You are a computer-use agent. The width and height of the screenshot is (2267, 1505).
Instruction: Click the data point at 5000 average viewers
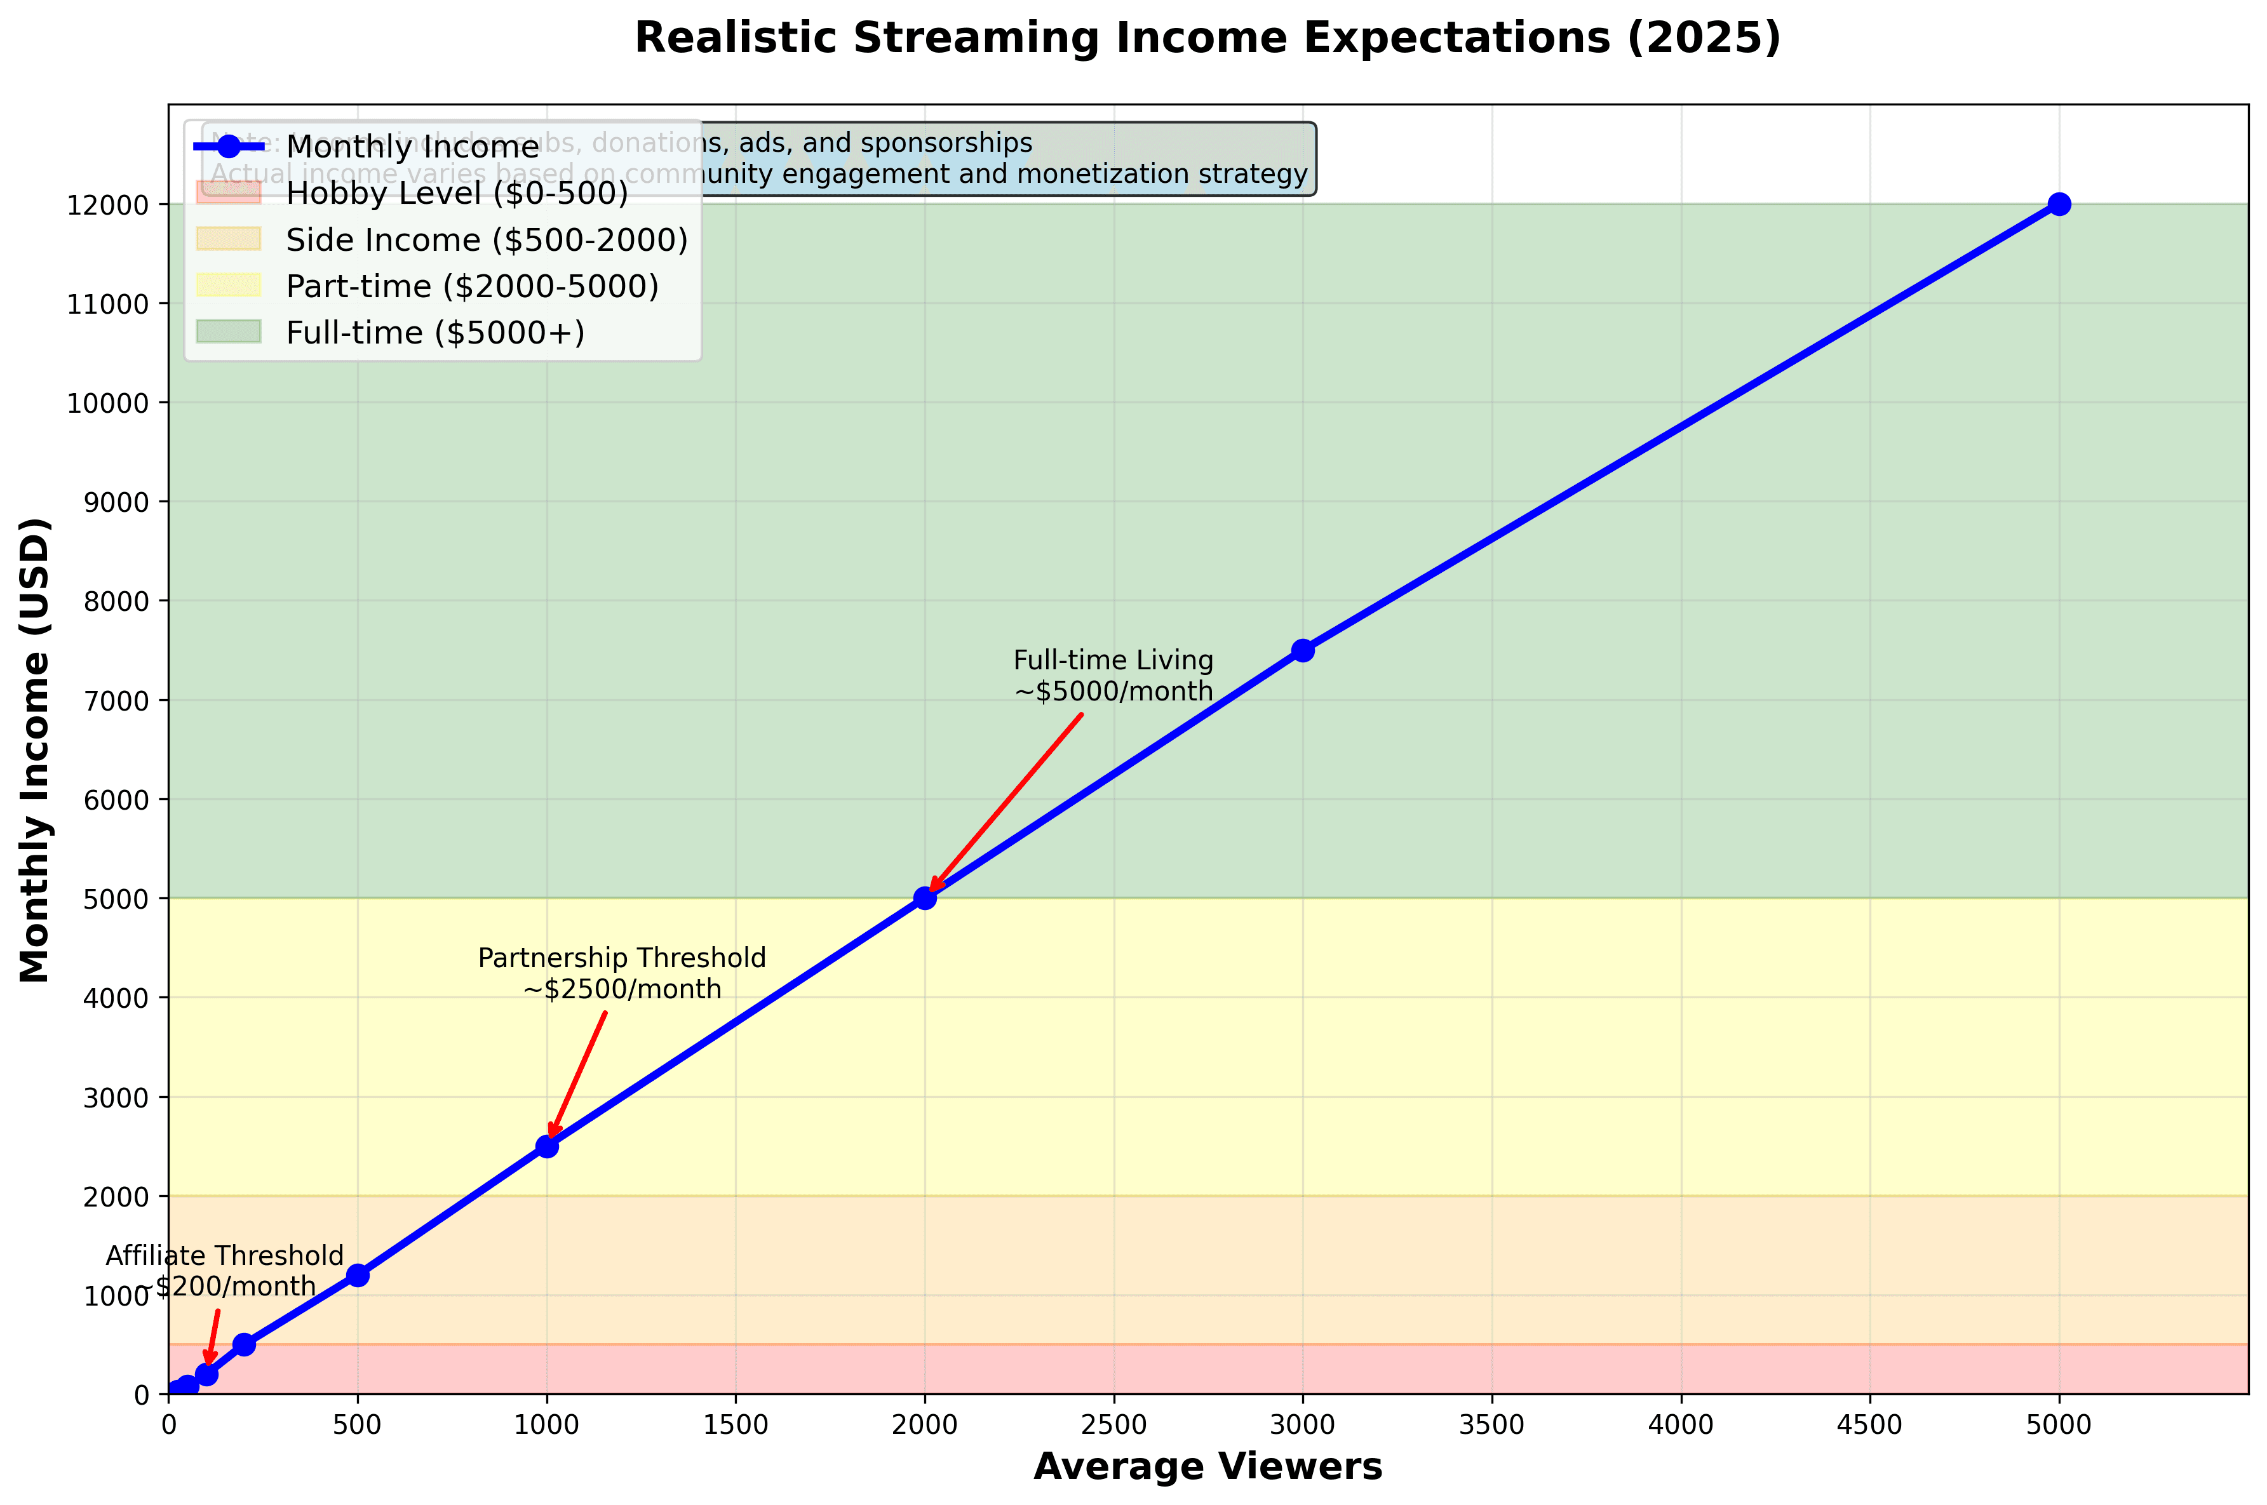click(2059, 204)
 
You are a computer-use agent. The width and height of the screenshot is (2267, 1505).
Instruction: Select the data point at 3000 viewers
click(1302, 651)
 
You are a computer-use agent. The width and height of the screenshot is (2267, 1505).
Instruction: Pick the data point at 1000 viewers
click(547, 1146)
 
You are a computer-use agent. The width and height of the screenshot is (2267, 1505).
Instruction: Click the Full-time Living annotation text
click(1113, 676)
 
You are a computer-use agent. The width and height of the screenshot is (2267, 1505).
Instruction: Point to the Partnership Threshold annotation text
click(622, 973)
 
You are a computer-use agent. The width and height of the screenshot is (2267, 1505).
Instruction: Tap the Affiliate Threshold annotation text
click(225, 1271)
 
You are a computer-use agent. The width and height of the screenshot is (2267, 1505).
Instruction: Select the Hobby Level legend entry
click(457, 194)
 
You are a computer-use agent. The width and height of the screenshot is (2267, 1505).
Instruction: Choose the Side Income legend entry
click(487, 240)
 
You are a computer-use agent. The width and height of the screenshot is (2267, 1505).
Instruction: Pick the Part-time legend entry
click(472, 286)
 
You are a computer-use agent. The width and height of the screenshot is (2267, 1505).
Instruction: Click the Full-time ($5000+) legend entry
click(434, 333)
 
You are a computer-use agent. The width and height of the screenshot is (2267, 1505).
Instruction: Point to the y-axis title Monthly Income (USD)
click(36, 749)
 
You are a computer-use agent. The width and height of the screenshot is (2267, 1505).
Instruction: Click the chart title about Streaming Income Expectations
click(1207, 38)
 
